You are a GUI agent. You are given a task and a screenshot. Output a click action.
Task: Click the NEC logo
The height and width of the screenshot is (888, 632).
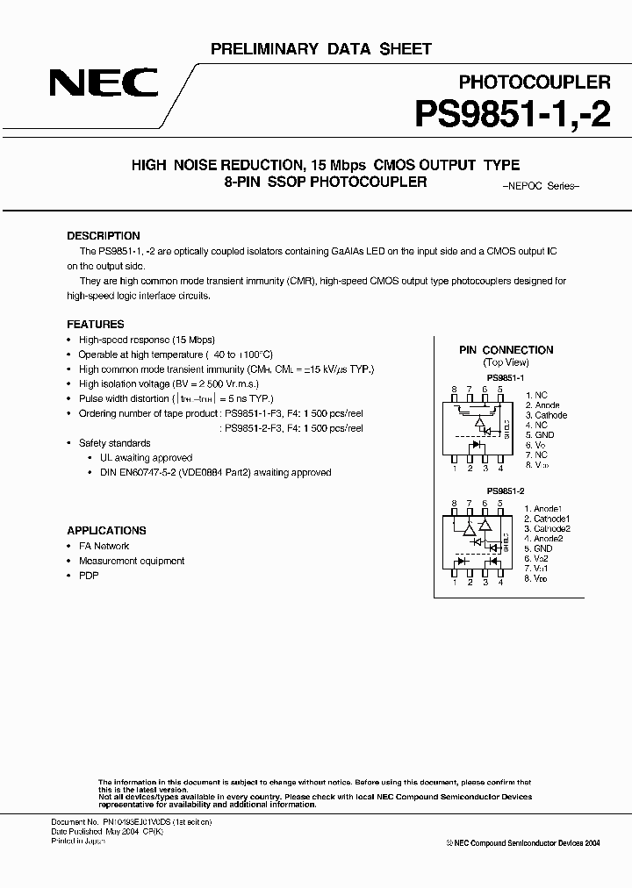[x=104, y=85]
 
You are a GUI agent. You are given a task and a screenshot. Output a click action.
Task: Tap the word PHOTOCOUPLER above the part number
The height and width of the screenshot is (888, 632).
[x=535, y=82]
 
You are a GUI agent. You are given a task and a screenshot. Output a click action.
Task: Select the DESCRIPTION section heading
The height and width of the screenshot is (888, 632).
[x=104, y=236]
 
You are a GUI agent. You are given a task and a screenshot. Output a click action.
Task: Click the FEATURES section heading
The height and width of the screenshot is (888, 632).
[x=96, y=324]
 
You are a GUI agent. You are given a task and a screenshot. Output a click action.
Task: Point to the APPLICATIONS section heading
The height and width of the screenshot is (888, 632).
[x=106, y=530]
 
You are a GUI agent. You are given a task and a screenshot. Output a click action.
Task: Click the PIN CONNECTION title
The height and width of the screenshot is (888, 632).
[x=506, y=349]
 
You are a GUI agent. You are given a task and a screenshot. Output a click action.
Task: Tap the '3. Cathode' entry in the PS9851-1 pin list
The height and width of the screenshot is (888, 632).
[x=546, y=415]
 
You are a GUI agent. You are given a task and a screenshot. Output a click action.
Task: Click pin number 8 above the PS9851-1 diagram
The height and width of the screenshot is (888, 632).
[x=455, y=389]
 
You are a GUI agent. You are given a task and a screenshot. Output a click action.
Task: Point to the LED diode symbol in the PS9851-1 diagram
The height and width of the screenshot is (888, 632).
[x=476, y=445]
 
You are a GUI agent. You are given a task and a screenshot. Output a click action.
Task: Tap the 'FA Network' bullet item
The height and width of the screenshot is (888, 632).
[x=104, y=546]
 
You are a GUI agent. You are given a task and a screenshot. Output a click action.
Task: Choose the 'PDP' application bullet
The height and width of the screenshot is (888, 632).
[x=89, y=576]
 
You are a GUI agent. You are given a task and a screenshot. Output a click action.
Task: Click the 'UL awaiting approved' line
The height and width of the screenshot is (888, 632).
[x=146, y=458]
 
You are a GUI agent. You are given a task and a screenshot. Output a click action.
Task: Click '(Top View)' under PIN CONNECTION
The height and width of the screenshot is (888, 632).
[x=506, y=362]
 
